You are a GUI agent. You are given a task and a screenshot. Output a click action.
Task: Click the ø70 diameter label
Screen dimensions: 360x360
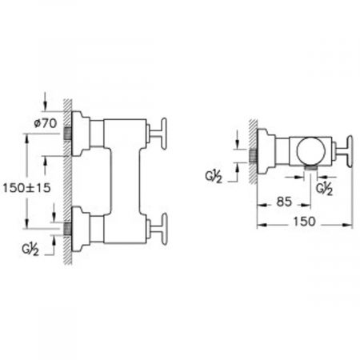[x=46, y=123]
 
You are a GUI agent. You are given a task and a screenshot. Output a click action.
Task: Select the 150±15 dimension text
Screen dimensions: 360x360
[x=26, y=188]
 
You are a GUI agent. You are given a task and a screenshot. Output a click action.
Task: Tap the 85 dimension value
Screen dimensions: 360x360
[x=284, y=202]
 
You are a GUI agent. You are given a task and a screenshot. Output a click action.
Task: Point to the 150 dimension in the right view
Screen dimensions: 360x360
[x=304, y=221]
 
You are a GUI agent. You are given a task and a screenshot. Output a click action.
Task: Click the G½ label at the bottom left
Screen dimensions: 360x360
[x=30, y=250]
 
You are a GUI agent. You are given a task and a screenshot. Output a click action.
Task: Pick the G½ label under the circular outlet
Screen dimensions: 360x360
[x=324, y=189]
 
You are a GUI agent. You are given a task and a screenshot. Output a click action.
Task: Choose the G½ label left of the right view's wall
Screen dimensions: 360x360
[x=214, y=177]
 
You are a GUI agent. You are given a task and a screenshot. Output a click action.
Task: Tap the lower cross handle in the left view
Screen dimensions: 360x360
[x=158, y=229]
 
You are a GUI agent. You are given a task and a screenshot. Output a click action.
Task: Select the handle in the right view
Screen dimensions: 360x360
[x=344, y=151]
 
